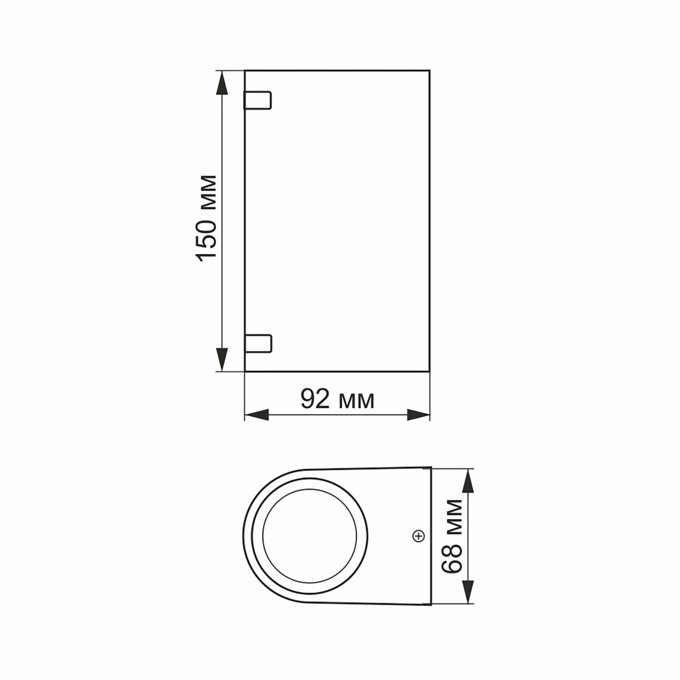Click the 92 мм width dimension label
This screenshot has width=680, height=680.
click(x=337, y=399)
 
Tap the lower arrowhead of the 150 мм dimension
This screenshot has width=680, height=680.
click(x=222, y=359)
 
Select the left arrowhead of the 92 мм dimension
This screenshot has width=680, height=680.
click(x=257, y=415)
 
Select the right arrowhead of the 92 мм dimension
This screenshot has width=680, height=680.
click(x=418, y=415)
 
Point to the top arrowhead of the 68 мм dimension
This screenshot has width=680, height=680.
click(x=468, y=481)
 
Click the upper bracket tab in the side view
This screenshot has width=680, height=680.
click(x=258, y=100)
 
